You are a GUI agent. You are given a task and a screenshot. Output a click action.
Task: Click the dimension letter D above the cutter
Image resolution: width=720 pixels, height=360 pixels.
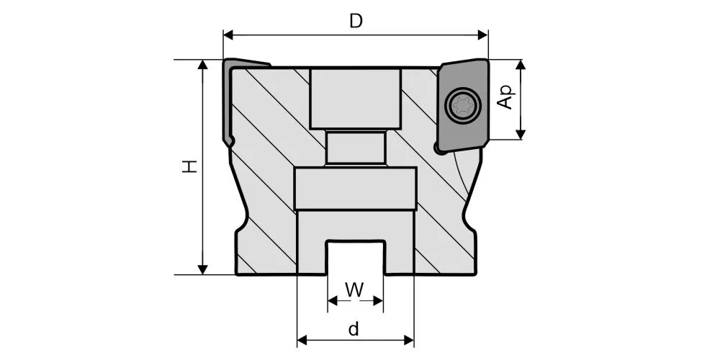[356, 21]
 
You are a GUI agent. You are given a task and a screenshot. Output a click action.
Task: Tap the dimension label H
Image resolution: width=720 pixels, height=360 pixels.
[189, 166]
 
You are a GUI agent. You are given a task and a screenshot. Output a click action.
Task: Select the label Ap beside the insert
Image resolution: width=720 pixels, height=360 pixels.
[505, 98]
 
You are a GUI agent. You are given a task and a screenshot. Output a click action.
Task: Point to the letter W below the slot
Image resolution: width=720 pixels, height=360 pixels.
[354, 289]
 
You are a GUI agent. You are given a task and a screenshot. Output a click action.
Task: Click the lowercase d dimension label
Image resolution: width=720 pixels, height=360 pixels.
[354, 329]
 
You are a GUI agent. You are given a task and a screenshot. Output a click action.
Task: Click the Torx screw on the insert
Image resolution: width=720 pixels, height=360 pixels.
[463, 106]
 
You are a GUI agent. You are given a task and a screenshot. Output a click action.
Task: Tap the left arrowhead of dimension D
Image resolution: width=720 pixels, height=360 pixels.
[228, 35]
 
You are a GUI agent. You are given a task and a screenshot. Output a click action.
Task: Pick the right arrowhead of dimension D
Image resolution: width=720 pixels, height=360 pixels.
[482, 35]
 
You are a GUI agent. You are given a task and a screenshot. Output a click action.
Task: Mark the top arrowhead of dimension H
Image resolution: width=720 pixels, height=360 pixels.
[202, 65]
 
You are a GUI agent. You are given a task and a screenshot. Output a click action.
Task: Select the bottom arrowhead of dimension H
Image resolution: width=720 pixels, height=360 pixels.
[202, 269]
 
